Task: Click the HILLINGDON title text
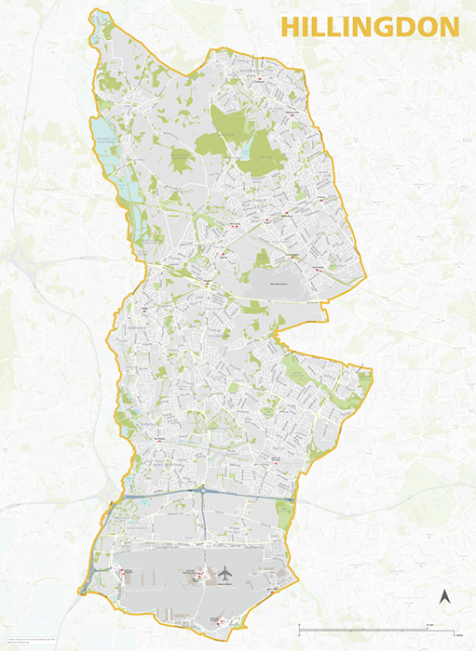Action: pos(370,27)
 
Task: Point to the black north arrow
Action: pos(444,596)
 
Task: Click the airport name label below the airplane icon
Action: pos(224,584)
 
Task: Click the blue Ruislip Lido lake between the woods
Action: pos(244,147)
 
